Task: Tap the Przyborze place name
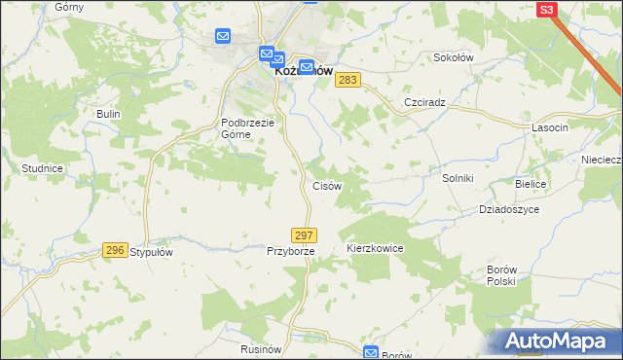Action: (x=291, y=251)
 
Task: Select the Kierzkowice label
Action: (x=375, y=249)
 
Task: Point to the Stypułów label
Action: (x=151, y=252)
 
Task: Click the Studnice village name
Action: (x=42, y=168)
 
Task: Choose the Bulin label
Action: (x=107, y=114)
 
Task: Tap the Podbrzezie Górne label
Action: (x=249, y=128)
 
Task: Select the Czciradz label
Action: (x=424, y=102)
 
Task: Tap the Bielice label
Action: (x=531, y=184)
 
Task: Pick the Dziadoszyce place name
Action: (x=508, y=209)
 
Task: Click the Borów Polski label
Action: (x=500, y=273)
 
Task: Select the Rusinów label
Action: (x=261, y=347)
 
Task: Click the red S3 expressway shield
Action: (x=546, y=9)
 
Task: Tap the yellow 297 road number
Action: (x=303, y=235)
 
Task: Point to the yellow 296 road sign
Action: (x=115, y=250)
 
